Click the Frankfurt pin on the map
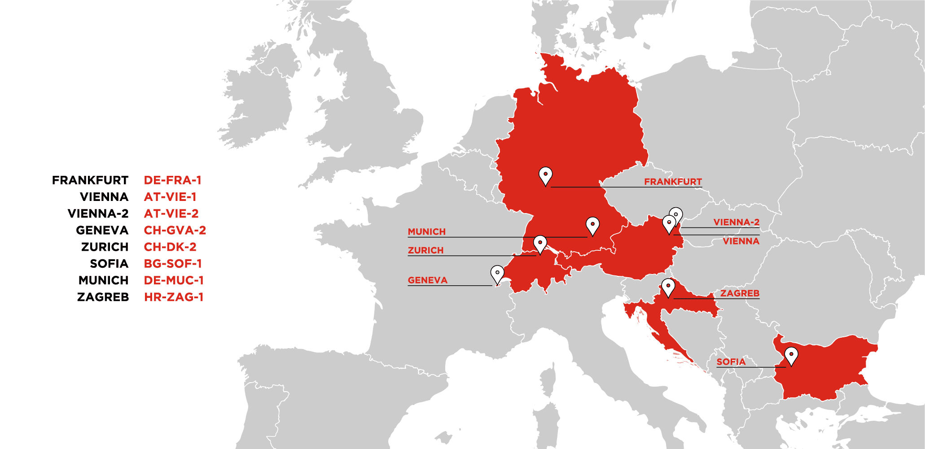(x=545, y=175)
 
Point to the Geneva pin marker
(x=497, y=274)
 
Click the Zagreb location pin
(x=668, y=287)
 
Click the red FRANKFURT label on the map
(x=673, y=182)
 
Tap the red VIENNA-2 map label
(x=736, y=222)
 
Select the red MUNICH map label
(x=426, y=232)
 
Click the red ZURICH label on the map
(x=425, y=250)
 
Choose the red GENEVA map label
(x=427, y=280)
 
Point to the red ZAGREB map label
(x=740, y=293)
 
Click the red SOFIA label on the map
(x=731, y=362)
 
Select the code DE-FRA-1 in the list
(x=172, y=180)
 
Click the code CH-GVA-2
(x=175, y=231)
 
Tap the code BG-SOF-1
(x=173, y=264)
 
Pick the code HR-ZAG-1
(x=174, y=297)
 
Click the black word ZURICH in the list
(x=105, y=247)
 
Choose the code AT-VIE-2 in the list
(x=171, y=214)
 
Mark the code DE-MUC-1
(x=174, y=280)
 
